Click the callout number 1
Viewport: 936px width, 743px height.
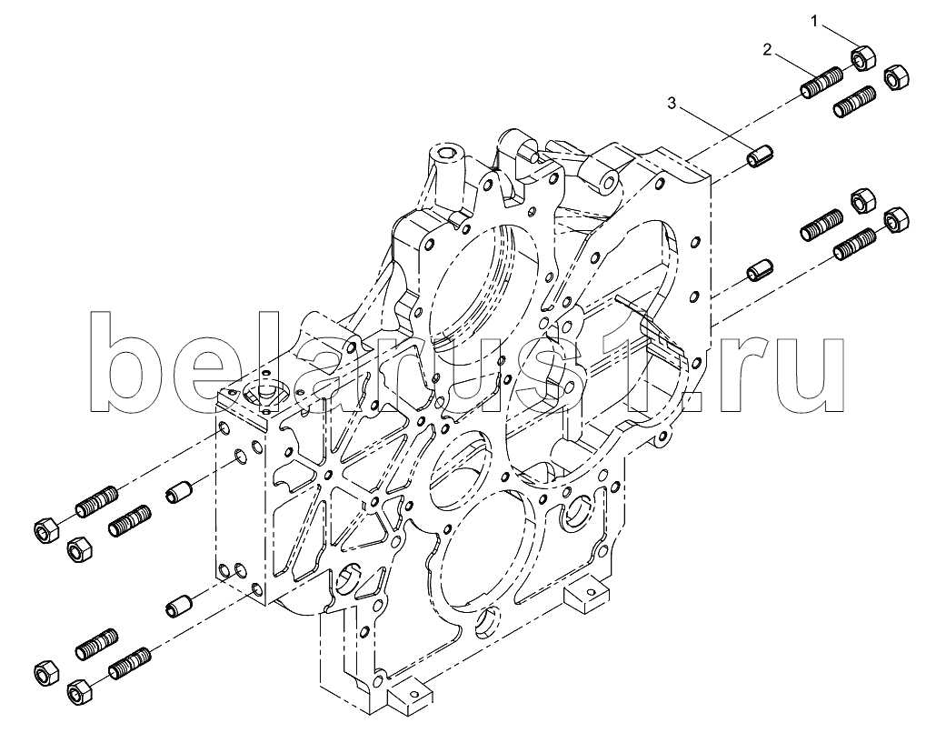814,22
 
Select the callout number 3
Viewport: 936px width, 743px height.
672,104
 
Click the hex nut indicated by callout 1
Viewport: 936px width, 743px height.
862,57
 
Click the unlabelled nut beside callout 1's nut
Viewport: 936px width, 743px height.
895,77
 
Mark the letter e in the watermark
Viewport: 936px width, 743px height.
212,377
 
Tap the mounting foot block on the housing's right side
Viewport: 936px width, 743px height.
587,592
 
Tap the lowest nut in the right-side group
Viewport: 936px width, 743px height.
895,220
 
